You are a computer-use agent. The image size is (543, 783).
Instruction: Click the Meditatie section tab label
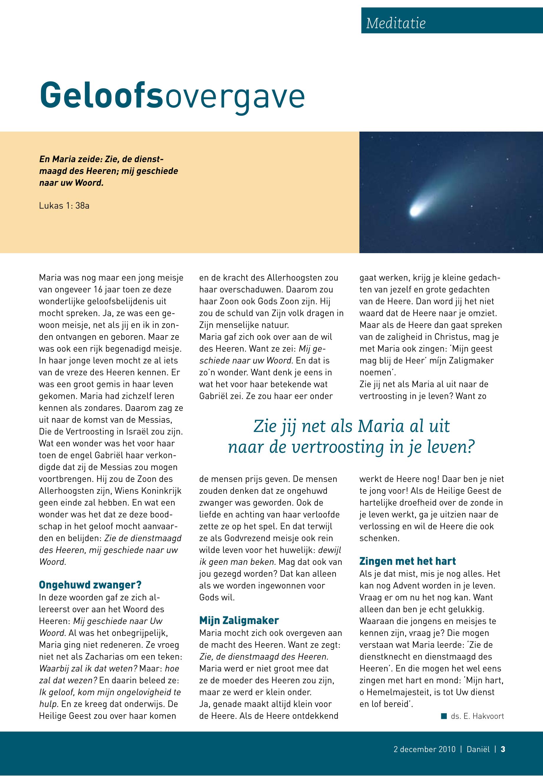point(395,23)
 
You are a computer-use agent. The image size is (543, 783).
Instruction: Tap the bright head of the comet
point(415,211)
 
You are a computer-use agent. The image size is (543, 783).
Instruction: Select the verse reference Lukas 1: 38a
point(64,205)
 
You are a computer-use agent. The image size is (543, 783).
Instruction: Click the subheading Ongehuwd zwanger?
point(90,585)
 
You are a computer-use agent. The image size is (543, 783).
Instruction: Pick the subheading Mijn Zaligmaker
point(239,620)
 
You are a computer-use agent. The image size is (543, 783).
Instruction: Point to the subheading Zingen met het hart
point(407,561)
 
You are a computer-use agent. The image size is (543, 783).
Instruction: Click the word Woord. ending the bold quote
point(89,183)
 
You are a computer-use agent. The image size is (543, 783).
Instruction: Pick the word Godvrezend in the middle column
point(245,538)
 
